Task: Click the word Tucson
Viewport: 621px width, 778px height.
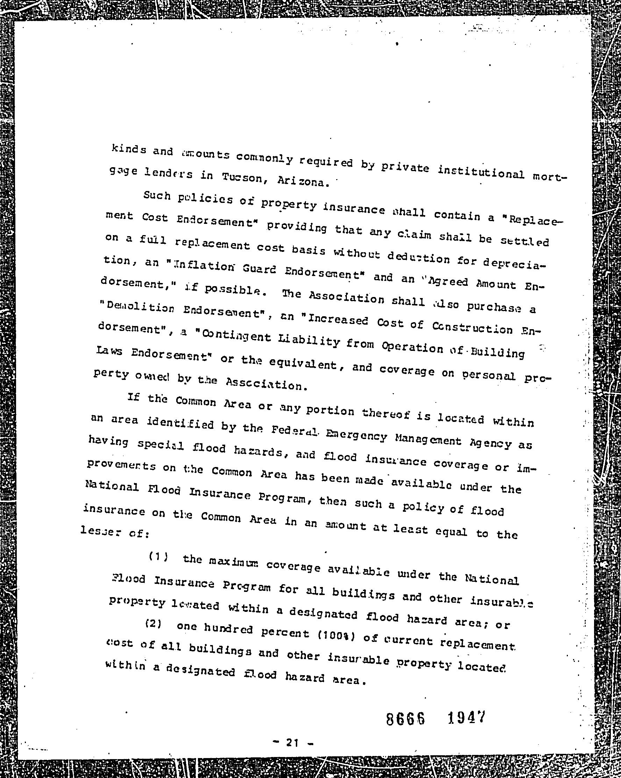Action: (x=242, y=178)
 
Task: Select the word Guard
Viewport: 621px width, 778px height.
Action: (x=260, y=270)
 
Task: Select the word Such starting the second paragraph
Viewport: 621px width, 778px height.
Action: (x=157, y=196)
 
